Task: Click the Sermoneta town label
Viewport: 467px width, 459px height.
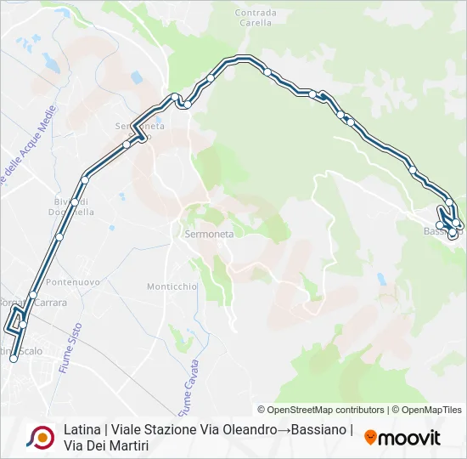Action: tap(208, 232)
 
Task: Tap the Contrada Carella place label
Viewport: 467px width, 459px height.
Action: tap(256, 18)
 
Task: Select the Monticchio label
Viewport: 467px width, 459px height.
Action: tap(172, 286)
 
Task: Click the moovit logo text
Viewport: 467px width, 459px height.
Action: tap(409, 439)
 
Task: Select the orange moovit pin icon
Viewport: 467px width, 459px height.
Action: tap(370, 439)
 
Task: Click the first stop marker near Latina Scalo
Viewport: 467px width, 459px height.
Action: tap(14, 359)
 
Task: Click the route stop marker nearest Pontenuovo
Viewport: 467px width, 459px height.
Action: tap(33, 295)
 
